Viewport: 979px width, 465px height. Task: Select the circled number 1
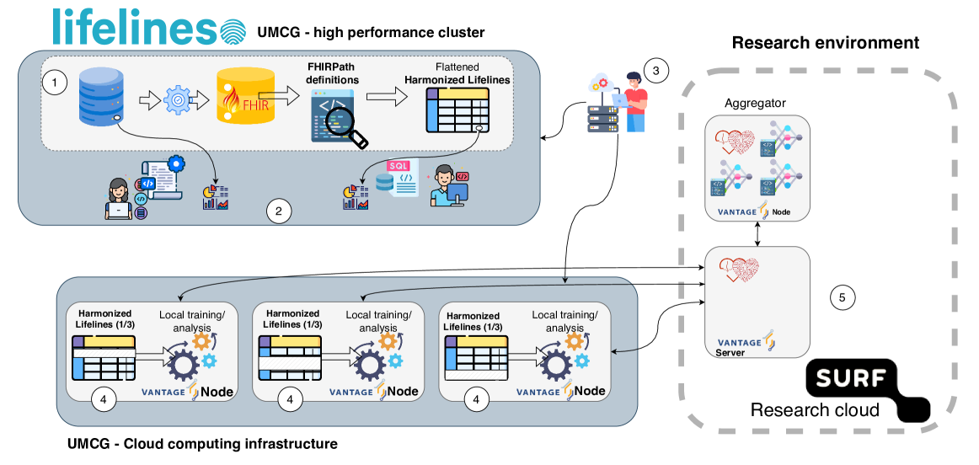(55, 83)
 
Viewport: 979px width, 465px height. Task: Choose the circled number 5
(842, 297)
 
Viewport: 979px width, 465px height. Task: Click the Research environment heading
(825, 42)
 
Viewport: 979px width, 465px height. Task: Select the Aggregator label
(755, 104)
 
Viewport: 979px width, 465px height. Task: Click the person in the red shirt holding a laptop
(634, 101)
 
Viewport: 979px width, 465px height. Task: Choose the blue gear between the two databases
(176, 101)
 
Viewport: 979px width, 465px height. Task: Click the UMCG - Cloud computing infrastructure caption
(201, 444)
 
